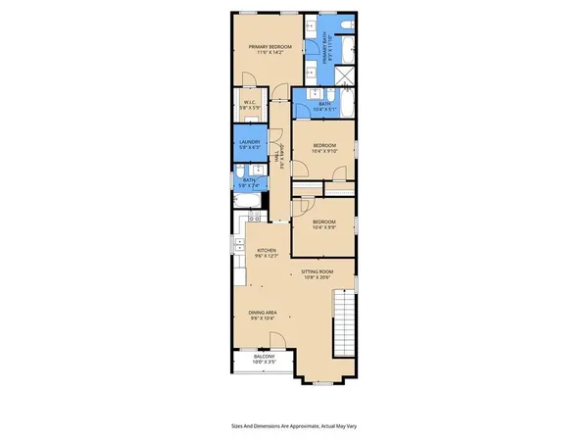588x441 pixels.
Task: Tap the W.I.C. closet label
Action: click(x=250, y=101)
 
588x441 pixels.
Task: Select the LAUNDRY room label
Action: click(x=249, y=142)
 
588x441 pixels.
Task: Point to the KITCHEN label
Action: click(x=267, y=251)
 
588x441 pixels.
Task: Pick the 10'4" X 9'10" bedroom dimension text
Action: click(x=323, y=152)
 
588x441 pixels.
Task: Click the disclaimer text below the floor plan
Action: click(x=293, y=426)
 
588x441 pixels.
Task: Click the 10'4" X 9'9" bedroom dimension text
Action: click(x=324, y=228)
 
